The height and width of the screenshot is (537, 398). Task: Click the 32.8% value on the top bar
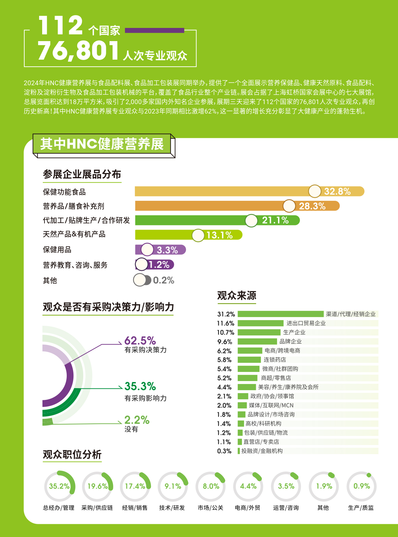(x=337, y=191)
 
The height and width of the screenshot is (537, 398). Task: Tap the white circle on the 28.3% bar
(x=289, y=206)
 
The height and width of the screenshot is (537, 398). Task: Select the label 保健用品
(x=57, y=250)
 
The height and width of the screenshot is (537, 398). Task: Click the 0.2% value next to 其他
(x=163, y=280)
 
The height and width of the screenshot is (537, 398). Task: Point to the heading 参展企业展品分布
(x=82, y=175)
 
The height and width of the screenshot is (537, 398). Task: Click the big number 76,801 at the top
(x=79, y=51)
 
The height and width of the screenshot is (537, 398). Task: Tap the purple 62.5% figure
(x=140, y=340)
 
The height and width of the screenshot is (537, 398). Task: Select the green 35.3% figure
(x=140, y=386)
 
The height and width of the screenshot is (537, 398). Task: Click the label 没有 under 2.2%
(x=131, y=429)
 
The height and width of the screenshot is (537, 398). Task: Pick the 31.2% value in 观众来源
(x=226, y=314)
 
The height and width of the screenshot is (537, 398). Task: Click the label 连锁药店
(x=275, y=360)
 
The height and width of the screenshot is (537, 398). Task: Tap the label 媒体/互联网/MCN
(x=271, y=405)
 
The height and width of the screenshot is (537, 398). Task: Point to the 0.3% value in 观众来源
(x=224, y=451)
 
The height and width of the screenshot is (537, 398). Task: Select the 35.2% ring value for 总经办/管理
(x=59, y=486)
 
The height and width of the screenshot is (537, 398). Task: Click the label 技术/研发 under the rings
(x=172, y=508)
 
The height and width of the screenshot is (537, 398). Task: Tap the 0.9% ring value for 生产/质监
(x=362, y=486)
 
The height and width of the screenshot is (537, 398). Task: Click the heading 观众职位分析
(x=72, y=454)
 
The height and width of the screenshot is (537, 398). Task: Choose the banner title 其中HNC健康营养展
(x=102, y=144)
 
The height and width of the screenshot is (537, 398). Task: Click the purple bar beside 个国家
(x=155, y=30)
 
